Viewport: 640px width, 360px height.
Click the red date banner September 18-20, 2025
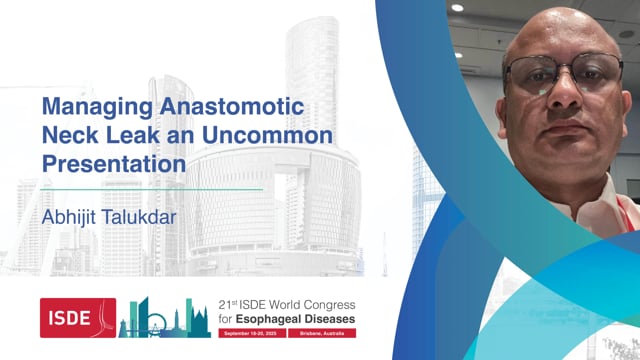253,331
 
